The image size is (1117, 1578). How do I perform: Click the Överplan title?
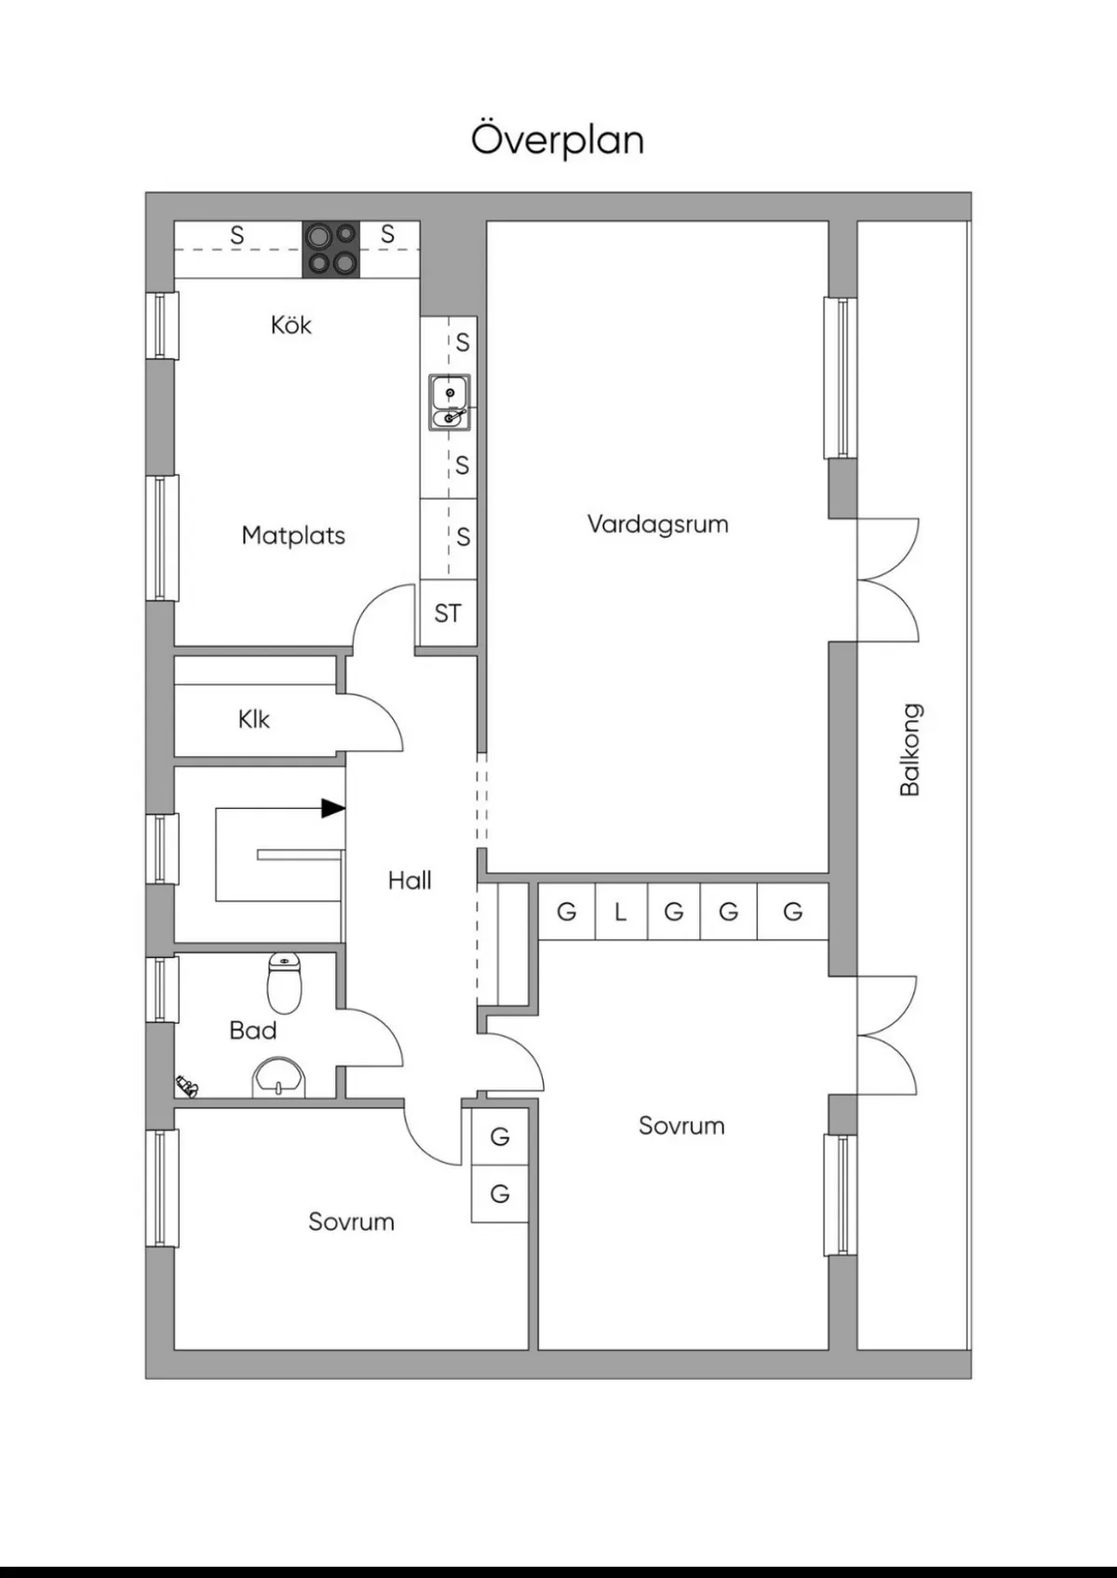[x=557, y=140]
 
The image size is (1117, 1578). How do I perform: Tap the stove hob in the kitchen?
[x=331, y=249]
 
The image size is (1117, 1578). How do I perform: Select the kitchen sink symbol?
[x=450, y=402]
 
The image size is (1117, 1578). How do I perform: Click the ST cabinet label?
[x=448, y=614]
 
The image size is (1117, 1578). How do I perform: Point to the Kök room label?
[x=290, y=325]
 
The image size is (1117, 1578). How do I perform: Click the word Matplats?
[x=293, y=535]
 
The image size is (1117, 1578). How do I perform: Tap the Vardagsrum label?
[x=657, y=524]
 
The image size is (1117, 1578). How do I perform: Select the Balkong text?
[x=909, y=749]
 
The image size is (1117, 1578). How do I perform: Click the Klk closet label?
[x=253, y=719]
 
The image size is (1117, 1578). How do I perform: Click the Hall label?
[x=410, y=880]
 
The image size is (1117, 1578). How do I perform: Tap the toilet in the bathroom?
[x=284, y=983]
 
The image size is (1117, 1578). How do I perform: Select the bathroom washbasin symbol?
[x=278, y=1078]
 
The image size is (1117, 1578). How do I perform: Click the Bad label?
[x=252, y=1031]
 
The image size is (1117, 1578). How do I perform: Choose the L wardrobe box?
[x=620, y=912]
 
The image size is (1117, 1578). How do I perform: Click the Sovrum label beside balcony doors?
[x=681, y=1126]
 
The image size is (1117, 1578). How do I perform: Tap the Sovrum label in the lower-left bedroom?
[x=351, y=1221]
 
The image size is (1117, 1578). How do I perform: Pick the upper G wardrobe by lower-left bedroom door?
[x=500, y=1136]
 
